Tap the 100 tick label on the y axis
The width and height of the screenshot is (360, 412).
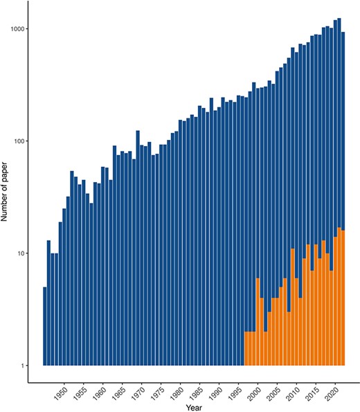tap(19, 141)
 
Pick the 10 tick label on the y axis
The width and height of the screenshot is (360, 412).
tap(21, 253)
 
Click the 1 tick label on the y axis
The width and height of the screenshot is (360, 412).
tap(23, 366)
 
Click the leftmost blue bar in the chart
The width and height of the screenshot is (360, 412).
tap(45, 325)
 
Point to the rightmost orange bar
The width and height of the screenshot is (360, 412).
tap(343, 298)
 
